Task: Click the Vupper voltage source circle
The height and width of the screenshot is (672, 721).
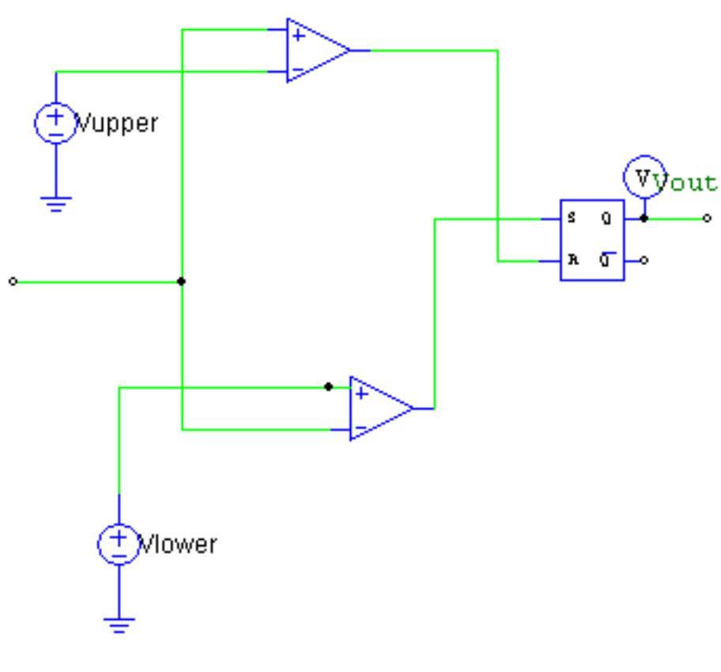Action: coord(55,123)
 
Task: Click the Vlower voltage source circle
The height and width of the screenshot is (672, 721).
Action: coord(119,544)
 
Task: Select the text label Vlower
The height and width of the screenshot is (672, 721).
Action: coord(178,545)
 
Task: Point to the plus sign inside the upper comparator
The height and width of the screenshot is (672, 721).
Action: coord(297,36)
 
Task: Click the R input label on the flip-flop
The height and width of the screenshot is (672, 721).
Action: coord(572,259)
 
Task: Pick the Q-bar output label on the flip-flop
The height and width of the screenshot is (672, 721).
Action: coord(606,258)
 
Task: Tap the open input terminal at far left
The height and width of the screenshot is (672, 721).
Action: coord(12,281)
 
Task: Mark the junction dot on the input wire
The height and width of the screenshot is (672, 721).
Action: coord(182,281)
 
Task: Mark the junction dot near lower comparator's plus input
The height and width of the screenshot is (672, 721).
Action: coord(328,387)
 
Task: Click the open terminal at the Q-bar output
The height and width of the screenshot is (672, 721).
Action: coord(645,260)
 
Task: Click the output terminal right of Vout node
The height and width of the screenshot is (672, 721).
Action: coord(707,218)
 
